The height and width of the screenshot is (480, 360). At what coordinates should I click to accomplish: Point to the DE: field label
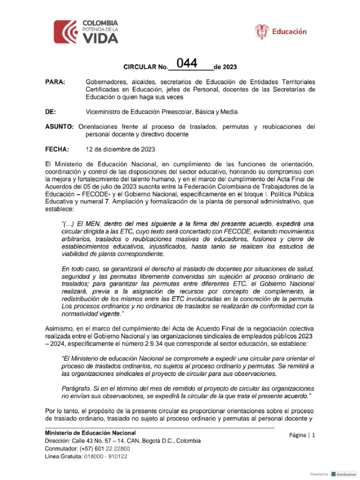tap(50, 112)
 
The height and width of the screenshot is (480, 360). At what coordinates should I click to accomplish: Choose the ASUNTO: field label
tap(59, 127)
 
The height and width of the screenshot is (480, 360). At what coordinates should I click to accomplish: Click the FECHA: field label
tap(57, 149)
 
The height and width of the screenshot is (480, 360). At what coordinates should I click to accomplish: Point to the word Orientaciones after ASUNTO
tap(100, 127)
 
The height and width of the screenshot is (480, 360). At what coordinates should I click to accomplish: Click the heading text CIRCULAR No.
tap(146, 67)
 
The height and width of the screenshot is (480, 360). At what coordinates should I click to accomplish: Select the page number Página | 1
tap(303, 435)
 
